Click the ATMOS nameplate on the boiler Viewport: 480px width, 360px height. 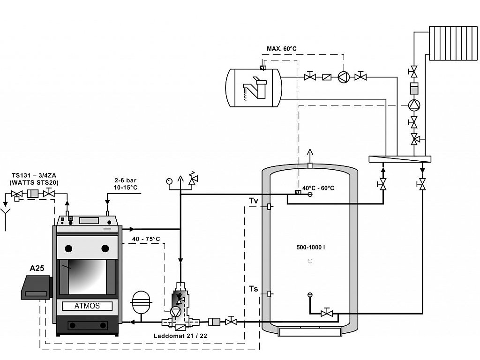pyautogui.click(x=87, y=306)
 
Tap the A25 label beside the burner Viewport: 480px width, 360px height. pyautogui.click(x=37, y=268)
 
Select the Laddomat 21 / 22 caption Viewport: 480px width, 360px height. pyautogui.click(x=180, y=336)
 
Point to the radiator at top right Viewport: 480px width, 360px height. pyautogui.click(x=453, y=43)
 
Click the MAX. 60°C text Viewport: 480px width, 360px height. pyautogui.click(x=282, y=49)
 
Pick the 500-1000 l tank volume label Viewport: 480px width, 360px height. pyautogui.click(x=311, y=247)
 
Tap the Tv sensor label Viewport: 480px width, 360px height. pyautogui.click(x=254, y=201)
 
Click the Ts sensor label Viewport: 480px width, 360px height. pyautogui.click(x=254, y=289)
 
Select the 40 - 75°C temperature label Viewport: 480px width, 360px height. pyautogui.click(x=146, y=239)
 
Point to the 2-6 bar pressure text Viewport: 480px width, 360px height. pyautogui.click(x=126, y=180)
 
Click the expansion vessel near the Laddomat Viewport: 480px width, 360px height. pyautogui.click(x=141, y=301)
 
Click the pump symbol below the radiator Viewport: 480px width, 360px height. pyautogui.click(x=414, y=105)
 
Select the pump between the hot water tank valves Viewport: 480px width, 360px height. pyautogui.click(x=344, y=77)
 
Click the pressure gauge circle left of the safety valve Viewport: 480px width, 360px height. pyautogui.click(x=169, y=181)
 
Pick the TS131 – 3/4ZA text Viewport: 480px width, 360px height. pyautogui.click(x=34, y=176)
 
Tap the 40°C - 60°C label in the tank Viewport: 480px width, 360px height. pyautogui.click(x=318, y=188)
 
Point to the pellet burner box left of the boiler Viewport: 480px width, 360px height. pyautogui.click(x=36, y=287)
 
